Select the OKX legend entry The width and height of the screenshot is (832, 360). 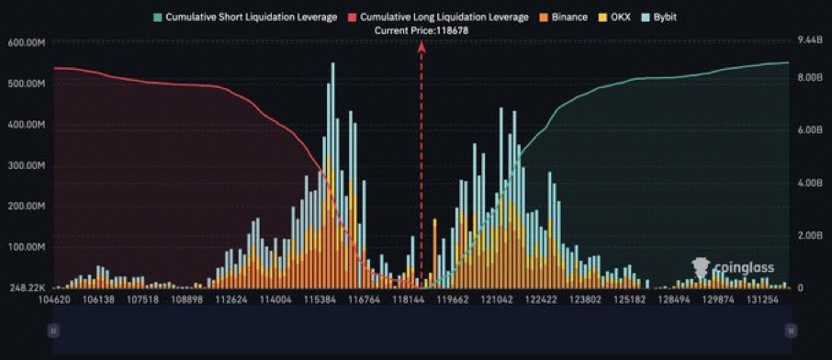pos(626,17)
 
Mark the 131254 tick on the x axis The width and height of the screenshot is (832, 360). pos(762,299)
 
